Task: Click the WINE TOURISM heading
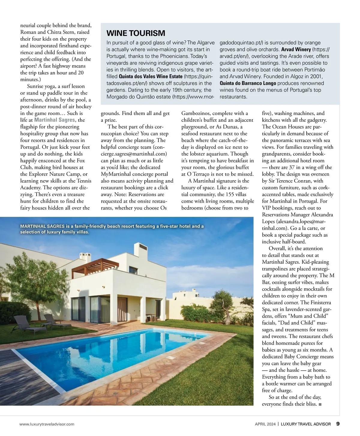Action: coord(136,33)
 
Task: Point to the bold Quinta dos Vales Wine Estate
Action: coord(151,76)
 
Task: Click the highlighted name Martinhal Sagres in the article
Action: coord(54,120)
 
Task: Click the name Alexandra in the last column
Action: coord(322,215)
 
